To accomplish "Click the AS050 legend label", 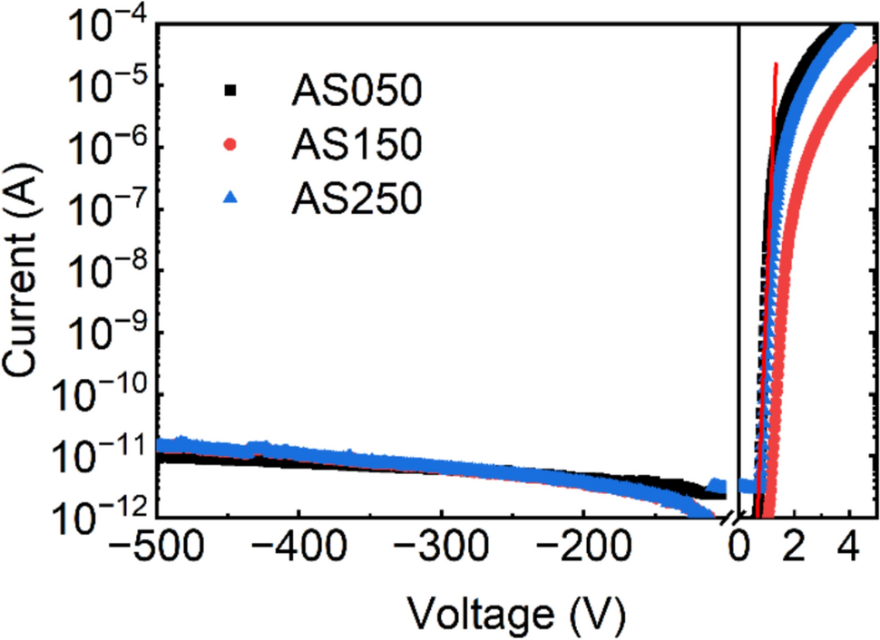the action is tap(356, 91).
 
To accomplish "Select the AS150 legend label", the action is tap(356, 144).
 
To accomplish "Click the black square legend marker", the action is tap(230, 91).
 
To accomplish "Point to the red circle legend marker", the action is tap(230, 145).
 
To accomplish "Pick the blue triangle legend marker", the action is tap(230, 197).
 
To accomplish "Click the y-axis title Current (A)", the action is tap(20, 270).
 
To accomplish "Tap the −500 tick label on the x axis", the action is tap(155, 545).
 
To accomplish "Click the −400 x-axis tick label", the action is tap(298, 545).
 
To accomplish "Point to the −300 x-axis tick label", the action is tap(441, 545).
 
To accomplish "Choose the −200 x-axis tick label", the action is tap(583, 545).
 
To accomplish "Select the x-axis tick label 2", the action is tap(795, 545).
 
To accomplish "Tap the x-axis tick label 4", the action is tap(851, 545).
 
